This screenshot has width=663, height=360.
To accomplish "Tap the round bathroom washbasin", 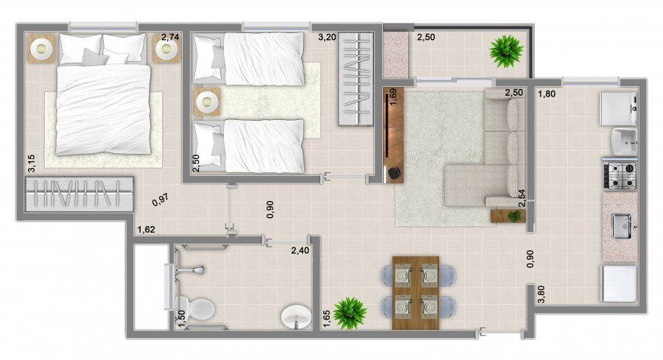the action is [x=296, y=316].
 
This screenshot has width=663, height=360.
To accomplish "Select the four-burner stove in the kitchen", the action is [x=620, y=175].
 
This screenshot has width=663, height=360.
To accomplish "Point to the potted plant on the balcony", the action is [x=506, y=51].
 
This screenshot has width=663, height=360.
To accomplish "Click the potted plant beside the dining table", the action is [x=350, y=313].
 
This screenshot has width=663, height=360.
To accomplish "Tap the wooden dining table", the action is [x=415, y=292].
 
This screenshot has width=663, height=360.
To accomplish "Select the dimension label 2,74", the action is [x=170, y=38].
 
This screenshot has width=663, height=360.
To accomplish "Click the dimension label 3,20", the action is [x=327, y=38].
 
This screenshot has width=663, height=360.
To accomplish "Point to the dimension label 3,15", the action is [x=31, y=163].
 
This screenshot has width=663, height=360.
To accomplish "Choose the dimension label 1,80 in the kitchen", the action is [x=547, y=93].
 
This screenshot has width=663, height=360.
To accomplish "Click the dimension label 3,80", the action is [x=541, y=294].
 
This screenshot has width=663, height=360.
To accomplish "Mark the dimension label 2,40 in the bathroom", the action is [x=300, y=250].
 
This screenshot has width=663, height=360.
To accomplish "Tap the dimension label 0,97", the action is [x=161, y=200].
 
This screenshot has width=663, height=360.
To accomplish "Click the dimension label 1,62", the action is [x=147, y=230].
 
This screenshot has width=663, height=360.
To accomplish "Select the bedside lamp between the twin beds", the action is [x=207, y=102].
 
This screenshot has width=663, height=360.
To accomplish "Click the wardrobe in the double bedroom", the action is [x=79, y=194].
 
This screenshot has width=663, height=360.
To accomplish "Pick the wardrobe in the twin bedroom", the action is [x=356, y=79].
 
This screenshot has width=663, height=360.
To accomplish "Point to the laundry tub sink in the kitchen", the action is [x=624, y=141].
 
